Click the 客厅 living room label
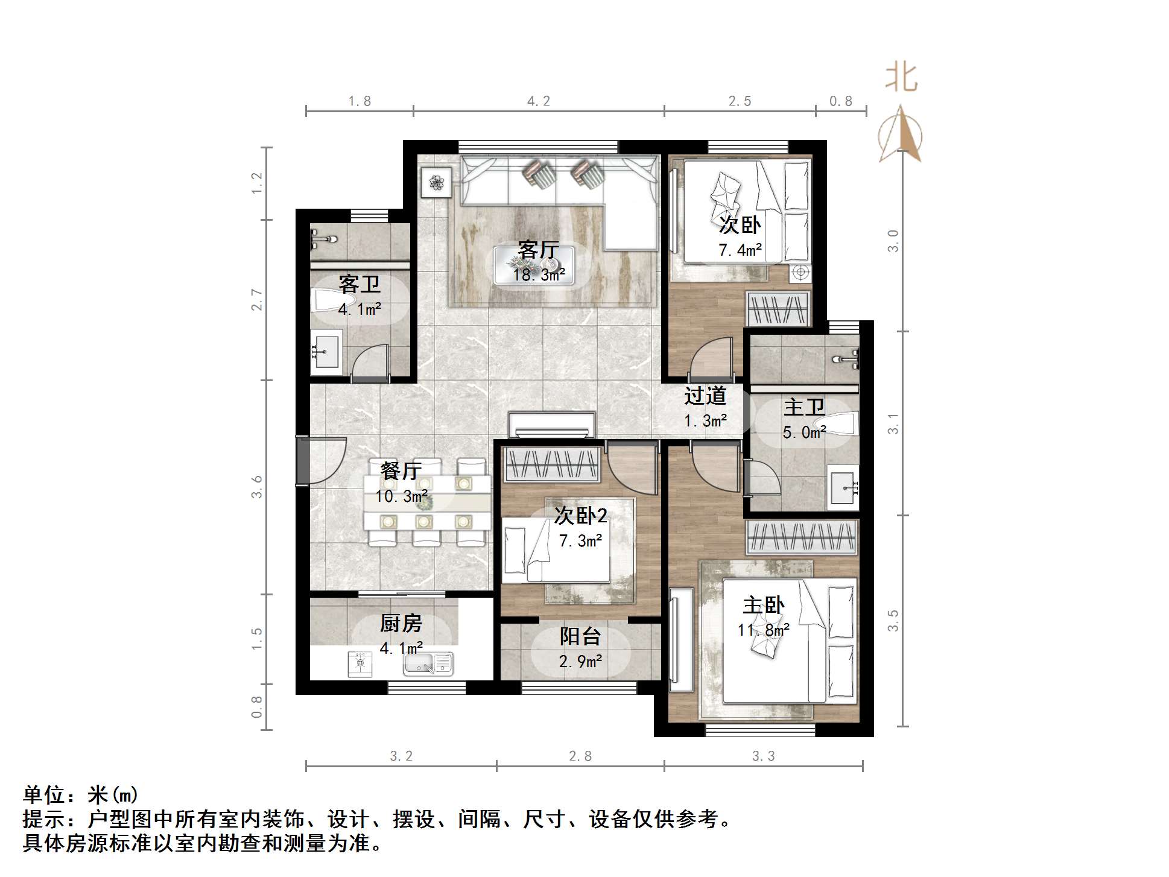[x=538, y=250]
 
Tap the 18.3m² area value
[x=539, y=275]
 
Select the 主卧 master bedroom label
[x=763, y=605]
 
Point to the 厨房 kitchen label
[x=401, y=623]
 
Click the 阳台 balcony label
[x=580, y=636]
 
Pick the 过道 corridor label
[x=705, y=396]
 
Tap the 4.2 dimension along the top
[x=539, y=101]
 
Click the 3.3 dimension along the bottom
[x=763, y=756]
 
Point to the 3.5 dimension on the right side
[x=893, y=621]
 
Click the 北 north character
[x=902, y=78]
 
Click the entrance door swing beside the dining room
[x=323, y=460]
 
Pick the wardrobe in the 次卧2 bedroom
[x=550, y=464]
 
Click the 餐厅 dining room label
[x=401, y=470]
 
